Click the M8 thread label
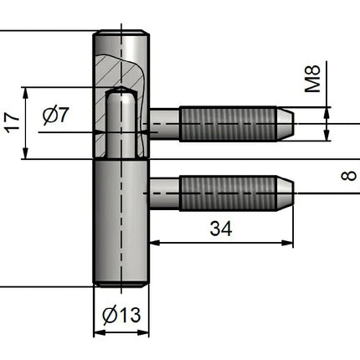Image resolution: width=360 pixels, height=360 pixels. pyautogui.click(x=312, y=79)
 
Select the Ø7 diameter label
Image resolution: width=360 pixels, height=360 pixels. pyautogui.click(x=56, y=115)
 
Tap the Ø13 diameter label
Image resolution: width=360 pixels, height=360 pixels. pyautogui.click(x=121, y=315)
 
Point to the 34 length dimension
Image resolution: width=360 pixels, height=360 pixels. pyautogui.click(x=221, y=229)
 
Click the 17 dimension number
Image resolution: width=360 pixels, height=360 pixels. pyautogui.click(x=13, y=123)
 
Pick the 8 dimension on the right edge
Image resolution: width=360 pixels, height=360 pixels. pyautogui.click(x=349, y=176)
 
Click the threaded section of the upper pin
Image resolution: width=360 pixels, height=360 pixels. pyautogui.click(x=228, y=124)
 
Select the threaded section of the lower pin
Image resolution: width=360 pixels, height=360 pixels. pyautogui.click(x=228, y=193)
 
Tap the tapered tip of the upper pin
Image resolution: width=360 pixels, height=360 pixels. pyautogui.click(x=285, y=124)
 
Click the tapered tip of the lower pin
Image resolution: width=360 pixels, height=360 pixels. pyautogui.click(x=285, y=193)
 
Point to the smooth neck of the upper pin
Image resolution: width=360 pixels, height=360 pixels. pyautogui.click(x=165, y=124)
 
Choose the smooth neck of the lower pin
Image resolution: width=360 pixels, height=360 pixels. pyautogui.click(x=165, y=193)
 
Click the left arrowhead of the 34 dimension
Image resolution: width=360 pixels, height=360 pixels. pyautogui.click(x=155, y=243)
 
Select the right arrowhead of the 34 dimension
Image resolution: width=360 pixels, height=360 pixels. pyautogui.click(x=288, y=243)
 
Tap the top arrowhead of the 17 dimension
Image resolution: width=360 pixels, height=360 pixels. pyautogui.click(x=25, y=93)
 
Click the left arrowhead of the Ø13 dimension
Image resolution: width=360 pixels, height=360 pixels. pyautogui.click(x=99, y=332)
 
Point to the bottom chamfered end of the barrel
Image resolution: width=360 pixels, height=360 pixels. pyautogui.click(x=121, y=284)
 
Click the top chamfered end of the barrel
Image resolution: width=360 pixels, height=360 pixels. pyautogui.click(x=121, y=32)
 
